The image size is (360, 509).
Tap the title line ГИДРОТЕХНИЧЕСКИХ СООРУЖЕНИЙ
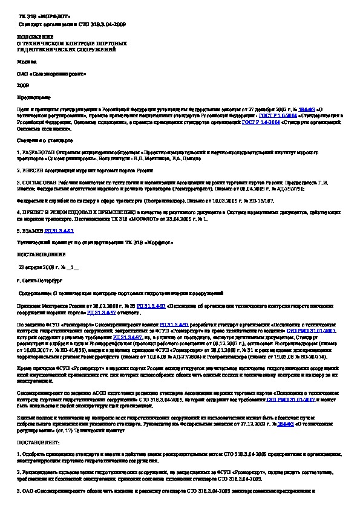(58, 48)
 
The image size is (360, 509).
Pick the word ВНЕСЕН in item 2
(33, 171)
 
